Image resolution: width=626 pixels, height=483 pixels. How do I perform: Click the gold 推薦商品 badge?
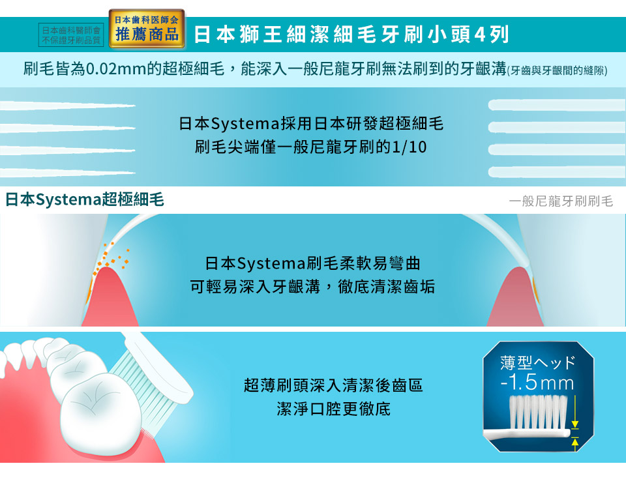point(147,29)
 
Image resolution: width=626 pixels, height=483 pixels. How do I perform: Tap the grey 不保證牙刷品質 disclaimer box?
point(71,35)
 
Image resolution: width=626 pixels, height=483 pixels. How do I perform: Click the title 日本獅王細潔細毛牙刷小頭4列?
point(351,35)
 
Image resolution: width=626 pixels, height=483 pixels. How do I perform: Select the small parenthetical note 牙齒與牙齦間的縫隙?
point(558,70)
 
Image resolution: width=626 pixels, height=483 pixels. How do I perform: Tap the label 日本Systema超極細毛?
point(84,199)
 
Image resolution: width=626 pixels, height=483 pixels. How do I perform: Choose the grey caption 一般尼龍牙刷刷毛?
point(561,201)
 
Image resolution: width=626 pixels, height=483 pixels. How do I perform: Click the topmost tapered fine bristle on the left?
point(67,106)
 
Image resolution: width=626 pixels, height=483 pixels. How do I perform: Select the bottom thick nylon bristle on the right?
point(557,172)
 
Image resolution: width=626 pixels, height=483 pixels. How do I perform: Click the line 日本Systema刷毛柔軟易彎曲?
point(312,263)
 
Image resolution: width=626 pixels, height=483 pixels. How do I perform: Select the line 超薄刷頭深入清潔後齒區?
point(333,386)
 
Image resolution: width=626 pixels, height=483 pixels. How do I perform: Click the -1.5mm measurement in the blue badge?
point(537,383)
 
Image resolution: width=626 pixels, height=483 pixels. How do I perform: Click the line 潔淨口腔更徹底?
point(333,409)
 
